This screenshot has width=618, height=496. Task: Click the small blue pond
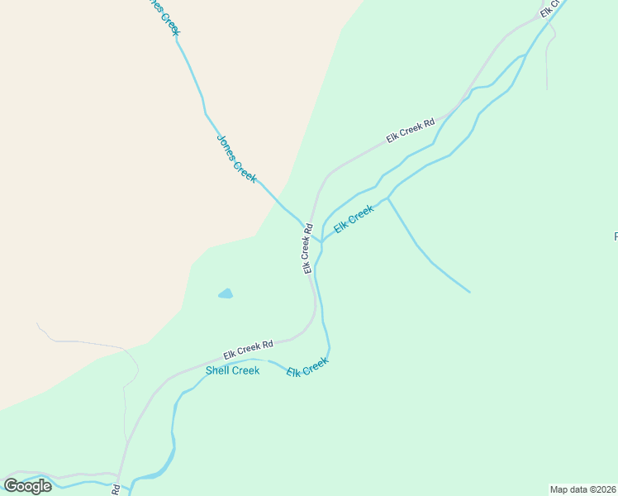[x=226, y=293]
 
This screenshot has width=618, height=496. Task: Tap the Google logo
[x=27, y=485]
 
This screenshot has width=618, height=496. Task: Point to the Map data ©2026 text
[x=583, y=489]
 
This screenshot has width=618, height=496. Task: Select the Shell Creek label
[x=232, y=370]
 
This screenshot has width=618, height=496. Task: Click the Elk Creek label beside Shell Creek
[x=307, y=368]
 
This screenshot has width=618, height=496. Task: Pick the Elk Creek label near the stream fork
[x=354, y=219]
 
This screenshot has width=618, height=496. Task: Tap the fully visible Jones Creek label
[x=236, y=159]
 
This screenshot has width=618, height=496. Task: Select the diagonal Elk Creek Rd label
[x=410, y=130]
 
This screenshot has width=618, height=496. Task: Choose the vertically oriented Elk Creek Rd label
[x=307, y=247]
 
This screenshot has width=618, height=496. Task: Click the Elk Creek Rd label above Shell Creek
[x=248, y=348]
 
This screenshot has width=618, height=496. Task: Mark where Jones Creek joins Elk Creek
[x=321, y=243]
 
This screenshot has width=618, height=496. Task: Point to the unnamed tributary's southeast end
[x=469, y=292]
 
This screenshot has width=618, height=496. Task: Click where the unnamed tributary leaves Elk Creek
[x=387, y=198]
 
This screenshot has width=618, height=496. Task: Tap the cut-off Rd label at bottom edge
[x=116, y=489]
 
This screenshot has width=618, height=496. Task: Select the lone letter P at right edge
[x=616, y=237]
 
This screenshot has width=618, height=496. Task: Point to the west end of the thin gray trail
[x=37, y=324]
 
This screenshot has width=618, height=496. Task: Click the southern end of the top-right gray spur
[x=546, y=89]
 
